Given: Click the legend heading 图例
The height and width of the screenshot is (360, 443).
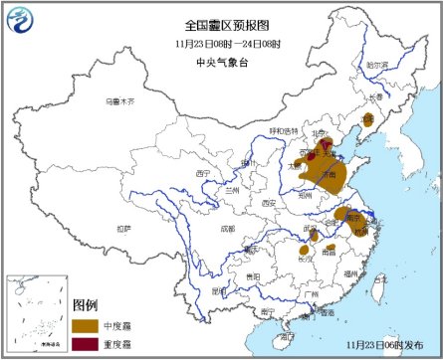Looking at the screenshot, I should (x=86, y=304).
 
